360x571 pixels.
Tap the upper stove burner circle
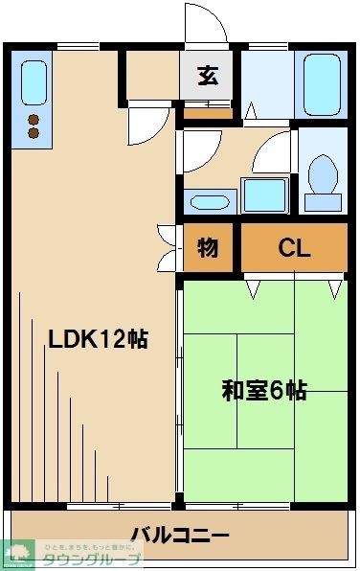(34, 120)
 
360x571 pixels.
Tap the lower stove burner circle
(34, 134)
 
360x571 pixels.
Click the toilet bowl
(324, 177)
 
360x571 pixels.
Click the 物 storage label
(208, 249)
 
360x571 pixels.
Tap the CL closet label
(294, 249)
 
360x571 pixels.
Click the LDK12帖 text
(98, 338)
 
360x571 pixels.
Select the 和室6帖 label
(264, 390)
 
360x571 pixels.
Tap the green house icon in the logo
(19, 554)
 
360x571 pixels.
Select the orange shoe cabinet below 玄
(208, 111)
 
